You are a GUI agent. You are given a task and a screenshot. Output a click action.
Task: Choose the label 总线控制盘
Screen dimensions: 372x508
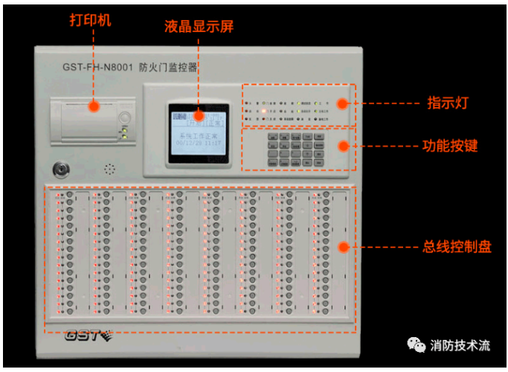click(457, 246)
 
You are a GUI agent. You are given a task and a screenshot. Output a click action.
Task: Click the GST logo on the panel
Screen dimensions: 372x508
click(86, 335)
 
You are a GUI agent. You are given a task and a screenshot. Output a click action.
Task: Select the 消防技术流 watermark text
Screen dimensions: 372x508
click(460, 345)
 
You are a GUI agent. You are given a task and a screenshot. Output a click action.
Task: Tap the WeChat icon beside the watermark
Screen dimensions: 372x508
click(414, 344)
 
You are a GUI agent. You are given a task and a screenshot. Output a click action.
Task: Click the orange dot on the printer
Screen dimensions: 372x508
click(94, 106)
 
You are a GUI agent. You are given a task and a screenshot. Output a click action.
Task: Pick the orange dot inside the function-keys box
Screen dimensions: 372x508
click(343, 146)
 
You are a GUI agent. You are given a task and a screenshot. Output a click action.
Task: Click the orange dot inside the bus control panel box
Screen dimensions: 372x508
click(343, 247)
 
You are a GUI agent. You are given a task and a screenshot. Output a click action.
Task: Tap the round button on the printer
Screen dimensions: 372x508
click(125, 117)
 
